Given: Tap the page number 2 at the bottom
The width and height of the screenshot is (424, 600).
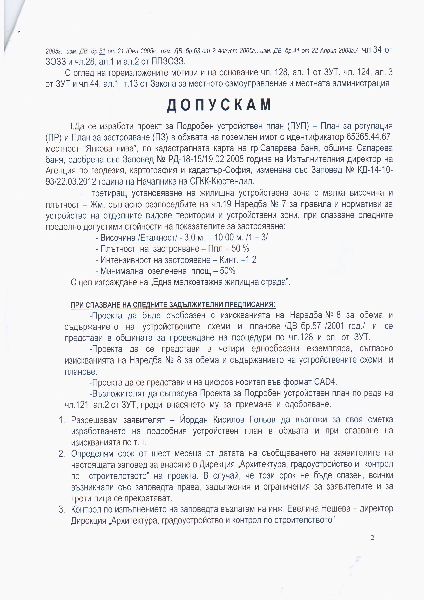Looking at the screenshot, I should coord(372,538).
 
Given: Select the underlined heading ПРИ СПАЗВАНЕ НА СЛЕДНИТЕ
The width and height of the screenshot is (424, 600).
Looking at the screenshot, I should coord(173,305).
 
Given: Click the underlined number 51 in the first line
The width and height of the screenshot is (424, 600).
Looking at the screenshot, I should coord(102,51).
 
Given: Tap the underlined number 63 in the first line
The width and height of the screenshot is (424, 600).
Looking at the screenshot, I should coord(197,51).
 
